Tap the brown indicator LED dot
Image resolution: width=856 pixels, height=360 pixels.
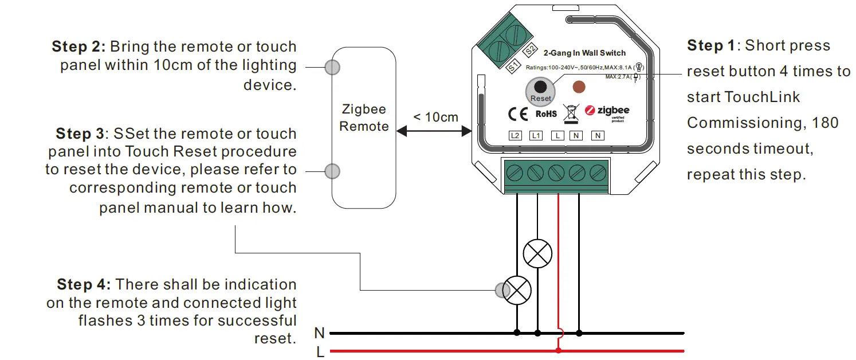(x=579, y=88)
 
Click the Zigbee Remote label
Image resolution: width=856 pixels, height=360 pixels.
(x=364, y=118)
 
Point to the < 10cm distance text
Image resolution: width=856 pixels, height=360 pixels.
(x=435, y=117)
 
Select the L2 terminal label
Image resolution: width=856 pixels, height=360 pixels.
(x=515, y=136)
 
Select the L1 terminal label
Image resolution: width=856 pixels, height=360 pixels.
(x=536, y=136)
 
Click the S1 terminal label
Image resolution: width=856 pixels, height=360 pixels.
(x=513, y=66)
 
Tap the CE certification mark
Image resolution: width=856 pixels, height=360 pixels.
(x=517, y=114)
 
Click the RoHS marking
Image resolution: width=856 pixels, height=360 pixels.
(x=546, y=114)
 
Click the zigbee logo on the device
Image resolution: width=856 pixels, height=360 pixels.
(x=607, y=111)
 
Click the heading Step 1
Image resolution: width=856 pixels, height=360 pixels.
(x=712, y=45)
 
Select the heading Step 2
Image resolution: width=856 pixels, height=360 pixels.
(x=78, y=46)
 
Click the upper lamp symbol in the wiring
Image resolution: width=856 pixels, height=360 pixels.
(x=537, y=253)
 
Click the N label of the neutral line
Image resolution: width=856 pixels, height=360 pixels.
(x=320, y=333)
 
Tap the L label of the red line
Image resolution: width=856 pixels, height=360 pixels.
(x=320, y=351)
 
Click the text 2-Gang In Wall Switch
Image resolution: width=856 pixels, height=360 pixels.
(x=584, y=53)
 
